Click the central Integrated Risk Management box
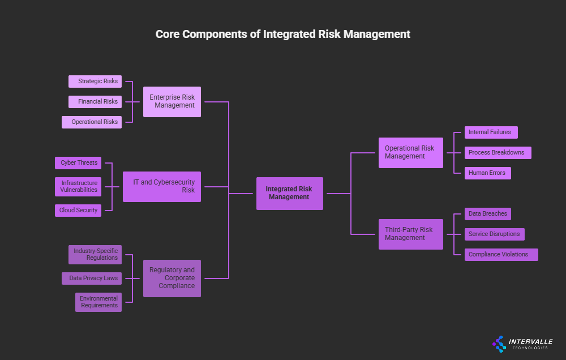click(x=289, y=194)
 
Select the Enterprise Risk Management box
click(x=171, y=102)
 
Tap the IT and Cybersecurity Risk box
click(x=161, y=187)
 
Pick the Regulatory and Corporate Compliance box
click(x=171, y=278)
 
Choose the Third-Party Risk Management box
click(x=410, y=234)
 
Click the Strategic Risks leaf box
click(x=95, y=82)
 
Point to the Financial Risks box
click(x=95, y=102)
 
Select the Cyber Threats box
click(x=78, y=163)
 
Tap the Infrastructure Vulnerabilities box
click(x=78, y=187)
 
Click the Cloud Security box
click(x=78, y=211)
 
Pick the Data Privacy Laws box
click(x=92, y=278)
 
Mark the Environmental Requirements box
click(x=98, y=302)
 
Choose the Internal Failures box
click(x=491, y=132)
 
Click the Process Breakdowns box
click(x=498, y=153)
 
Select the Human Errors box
click(x=487, y=173)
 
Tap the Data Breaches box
click(x=487, y=214)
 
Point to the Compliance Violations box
click(x=501, y=255)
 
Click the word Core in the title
click(x=169, y=34)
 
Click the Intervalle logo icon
click(x=499, y=344)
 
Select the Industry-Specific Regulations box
click(x=95, y=255)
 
